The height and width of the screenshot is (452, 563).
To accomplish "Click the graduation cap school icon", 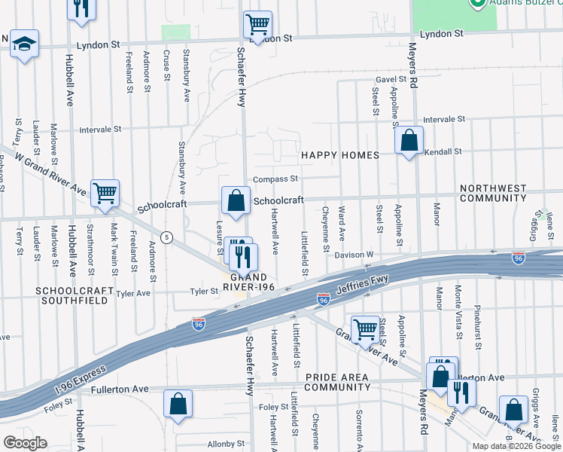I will (x=24, y=44).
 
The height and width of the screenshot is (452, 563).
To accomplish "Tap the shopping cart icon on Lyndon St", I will (x=257, y=26).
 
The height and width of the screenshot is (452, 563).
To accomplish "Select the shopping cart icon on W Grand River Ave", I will (x=105, y=194).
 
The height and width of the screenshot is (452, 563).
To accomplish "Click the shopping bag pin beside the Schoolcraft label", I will (x=236, y=201).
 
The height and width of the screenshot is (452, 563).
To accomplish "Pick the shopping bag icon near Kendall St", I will (x=409, y=141).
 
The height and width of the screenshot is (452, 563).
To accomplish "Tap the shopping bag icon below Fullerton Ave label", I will (x=178, y=405).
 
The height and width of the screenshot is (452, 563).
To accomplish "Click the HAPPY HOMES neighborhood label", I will (x=340, y=155).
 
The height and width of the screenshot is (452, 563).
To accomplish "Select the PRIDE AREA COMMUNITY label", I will (x=332, y=381).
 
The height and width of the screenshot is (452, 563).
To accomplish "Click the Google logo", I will (x=24, y=443).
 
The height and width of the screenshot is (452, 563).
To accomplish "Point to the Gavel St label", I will (x=391, y=80).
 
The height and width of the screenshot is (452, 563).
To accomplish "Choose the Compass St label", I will (x=275, y=179).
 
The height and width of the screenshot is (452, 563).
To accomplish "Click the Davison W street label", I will (x=354, y=255).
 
